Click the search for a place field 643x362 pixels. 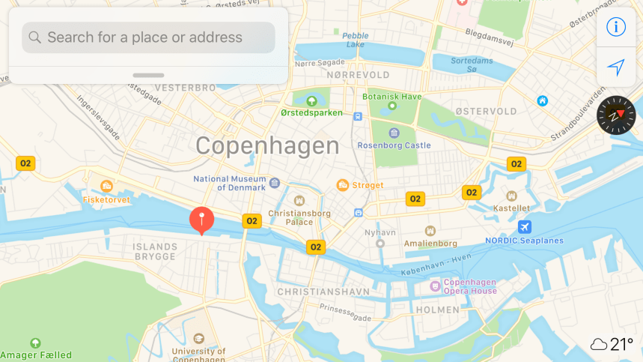148,37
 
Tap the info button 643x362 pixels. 615,27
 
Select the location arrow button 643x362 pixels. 615,68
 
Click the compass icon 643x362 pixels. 615,115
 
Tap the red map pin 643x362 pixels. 201,220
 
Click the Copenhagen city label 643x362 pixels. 267,145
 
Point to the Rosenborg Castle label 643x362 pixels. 394,145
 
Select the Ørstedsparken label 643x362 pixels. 311,113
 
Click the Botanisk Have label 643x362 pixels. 391,97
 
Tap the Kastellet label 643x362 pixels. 512,208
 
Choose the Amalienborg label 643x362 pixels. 430,244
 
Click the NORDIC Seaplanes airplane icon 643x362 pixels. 525,227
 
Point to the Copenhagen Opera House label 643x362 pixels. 469,286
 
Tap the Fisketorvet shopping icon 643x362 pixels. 106,186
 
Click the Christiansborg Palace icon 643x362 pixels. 299,201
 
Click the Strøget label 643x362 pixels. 367,185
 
